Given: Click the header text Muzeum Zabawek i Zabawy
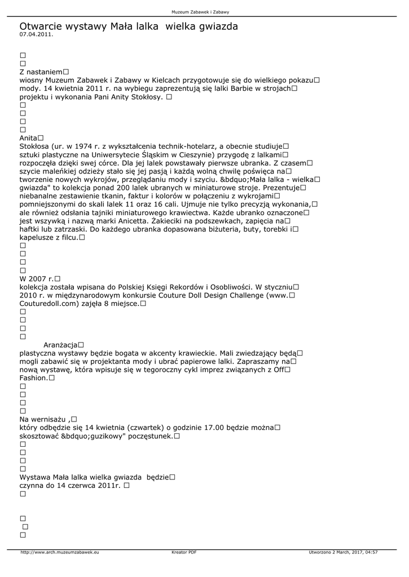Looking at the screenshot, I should tap(204, 12).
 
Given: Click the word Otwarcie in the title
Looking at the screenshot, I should tap(40, 26).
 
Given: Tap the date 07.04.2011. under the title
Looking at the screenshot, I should tap(36, 34).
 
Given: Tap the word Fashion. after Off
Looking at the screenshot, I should tap(33, 378).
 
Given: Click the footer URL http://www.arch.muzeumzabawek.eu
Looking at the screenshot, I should tap(60, 553).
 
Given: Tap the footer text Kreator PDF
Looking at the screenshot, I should tap(184, 553).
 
